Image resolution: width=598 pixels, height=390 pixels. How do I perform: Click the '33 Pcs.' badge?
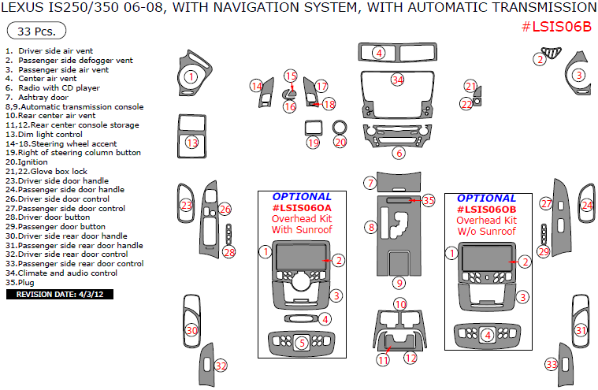(36, 32)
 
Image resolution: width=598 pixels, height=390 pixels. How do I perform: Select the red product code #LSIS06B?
(556, 26)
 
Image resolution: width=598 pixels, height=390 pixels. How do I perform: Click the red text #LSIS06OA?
(302, 208)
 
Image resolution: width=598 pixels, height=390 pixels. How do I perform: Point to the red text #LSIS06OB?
(487, 210)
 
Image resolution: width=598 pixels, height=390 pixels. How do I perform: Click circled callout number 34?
(398, 80)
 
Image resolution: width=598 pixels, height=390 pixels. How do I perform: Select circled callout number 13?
(191, 143)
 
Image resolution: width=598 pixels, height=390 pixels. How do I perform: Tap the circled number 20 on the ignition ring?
(340, 143)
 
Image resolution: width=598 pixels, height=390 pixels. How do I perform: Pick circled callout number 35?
(428, 201)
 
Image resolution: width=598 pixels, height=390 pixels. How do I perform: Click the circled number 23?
(186, 206)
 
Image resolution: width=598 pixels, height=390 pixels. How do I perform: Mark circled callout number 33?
(552, 364)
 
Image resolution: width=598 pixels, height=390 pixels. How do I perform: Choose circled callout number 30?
(191, 330)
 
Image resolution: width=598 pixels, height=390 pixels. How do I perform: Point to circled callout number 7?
(369, 183)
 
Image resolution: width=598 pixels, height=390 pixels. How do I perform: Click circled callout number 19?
(314, 143)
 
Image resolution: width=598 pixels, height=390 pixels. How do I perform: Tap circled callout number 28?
(228, 252)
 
